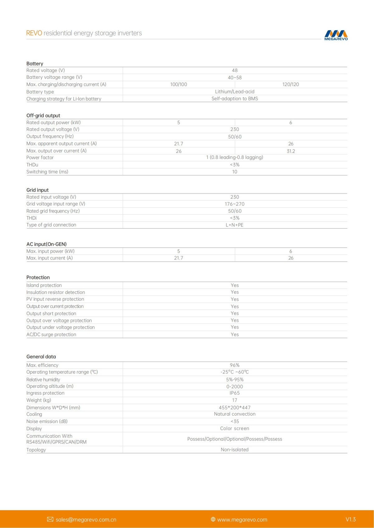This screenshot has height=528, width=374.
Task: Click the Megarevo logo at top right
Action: (x=336, y=35)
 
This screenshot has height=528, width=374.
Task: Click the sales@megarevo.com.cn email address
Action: (x=86, y=519)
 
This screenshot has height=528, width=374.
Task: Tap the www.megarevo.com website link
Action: (x=242, y=519)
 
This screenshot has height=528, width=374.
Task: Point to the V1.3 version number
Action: (x=351, y=519)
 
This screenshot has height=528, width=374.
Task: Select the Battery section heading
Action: (x=35, y=63)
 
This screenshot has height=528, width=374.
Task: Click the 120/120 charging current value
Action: (x=290, y=84)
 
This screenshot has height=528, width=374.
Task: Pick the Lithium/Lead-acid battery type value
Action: (x=235, y=91)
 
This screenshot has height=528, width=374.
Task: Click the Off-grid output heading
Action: (x=43, y=115)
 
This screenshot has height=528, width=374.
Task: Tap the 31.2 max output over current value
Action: (x=291, y=151)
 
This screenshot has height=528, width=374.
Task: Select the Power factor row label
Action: (x=40, y=157)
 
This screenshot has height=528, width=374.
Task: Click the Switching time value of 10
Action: (x=235, y=172)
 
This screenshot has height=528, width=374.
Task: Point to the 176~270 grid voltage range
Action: (x=235, y=204)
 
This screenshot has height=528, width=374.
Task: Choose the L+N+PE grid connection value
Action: (x=235, y=225)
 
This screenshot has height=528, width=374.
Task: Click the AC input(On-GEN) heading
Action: (x=46, y=244)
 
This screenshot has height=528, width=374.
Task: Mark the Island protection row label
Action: (x=44, y=285)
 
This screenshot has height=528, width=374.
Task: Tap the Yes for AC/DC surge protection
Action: (x=235, y=334)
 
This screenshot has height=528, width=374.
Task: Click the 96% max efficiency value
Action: (x=235, y=365)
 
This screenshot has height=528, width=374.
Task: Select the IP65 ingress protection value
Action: (x=235, y=393)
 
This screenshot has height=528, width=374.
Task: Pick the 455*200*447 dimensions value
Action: (x=235, y=407)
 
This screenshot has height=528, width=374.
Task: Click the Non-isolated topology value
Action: (x=235, y=450)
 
